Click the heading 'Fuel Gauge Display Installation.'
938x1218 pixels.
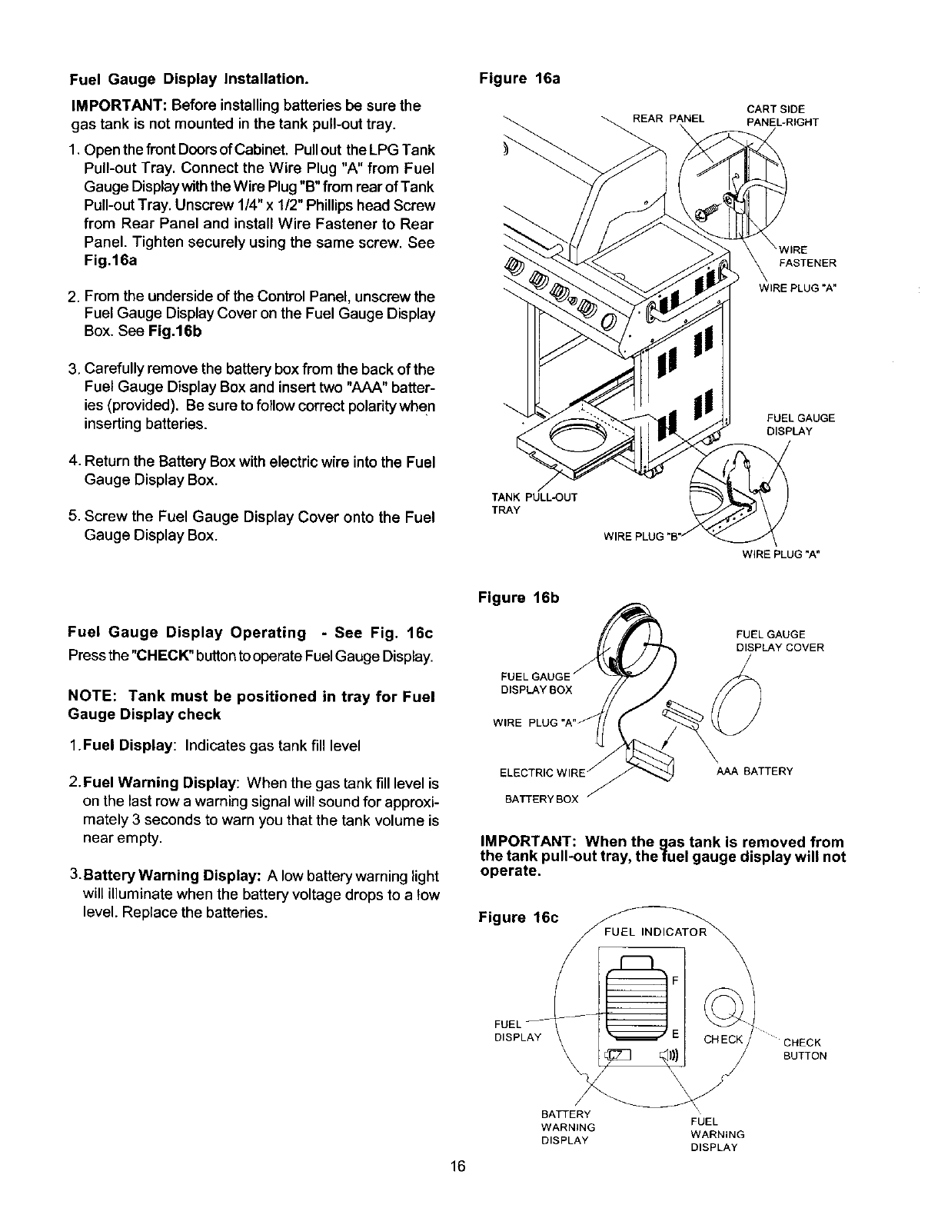(189, 79)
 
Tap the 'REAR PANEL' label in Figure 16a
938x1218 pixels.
(667, 118)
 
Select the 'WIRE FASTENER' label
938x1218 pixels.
(807, 256)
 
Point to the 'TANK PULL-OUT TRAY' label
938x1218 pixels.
(534, 504)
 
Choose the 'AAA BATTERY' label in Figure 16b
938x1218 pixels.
(753, 771)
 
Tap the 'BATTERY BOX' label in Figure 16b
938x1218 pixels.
(541, 800)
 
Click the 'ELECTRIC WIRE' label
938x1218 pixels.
(543, 772)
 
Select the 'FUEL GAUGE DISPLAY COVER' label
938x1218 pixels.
(780, 641)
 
